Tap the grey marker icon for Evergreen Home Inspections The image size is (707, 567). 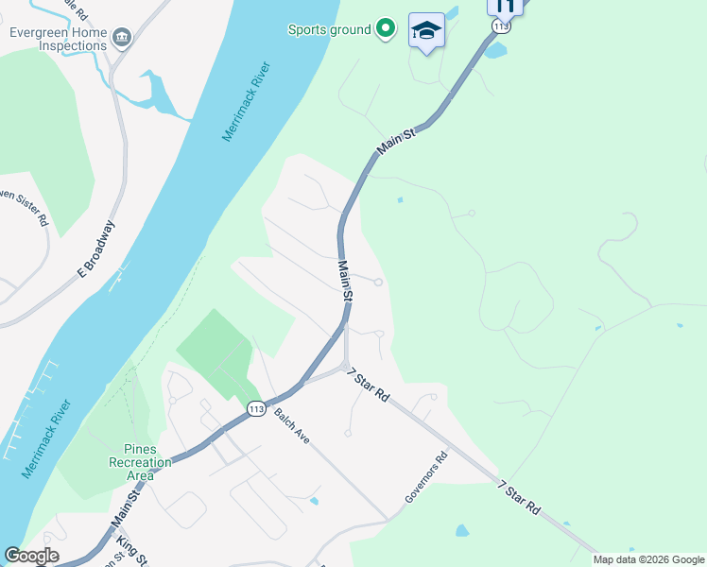(121, 38)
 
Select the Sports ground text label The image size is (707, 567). (329, 29)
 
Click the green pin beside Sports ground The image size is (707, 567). (385, 29)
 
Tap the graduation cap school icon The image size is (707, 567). (426, 30)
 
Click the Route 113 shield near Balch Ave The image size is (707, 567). (255, 408)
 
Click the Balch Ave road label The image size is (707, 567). (292, 426)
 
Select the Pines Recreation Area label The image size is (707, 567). (140, 462)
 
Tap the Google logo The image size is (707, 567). (31, 556)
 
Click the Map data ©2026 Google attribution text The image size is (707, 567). (648, 559)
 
